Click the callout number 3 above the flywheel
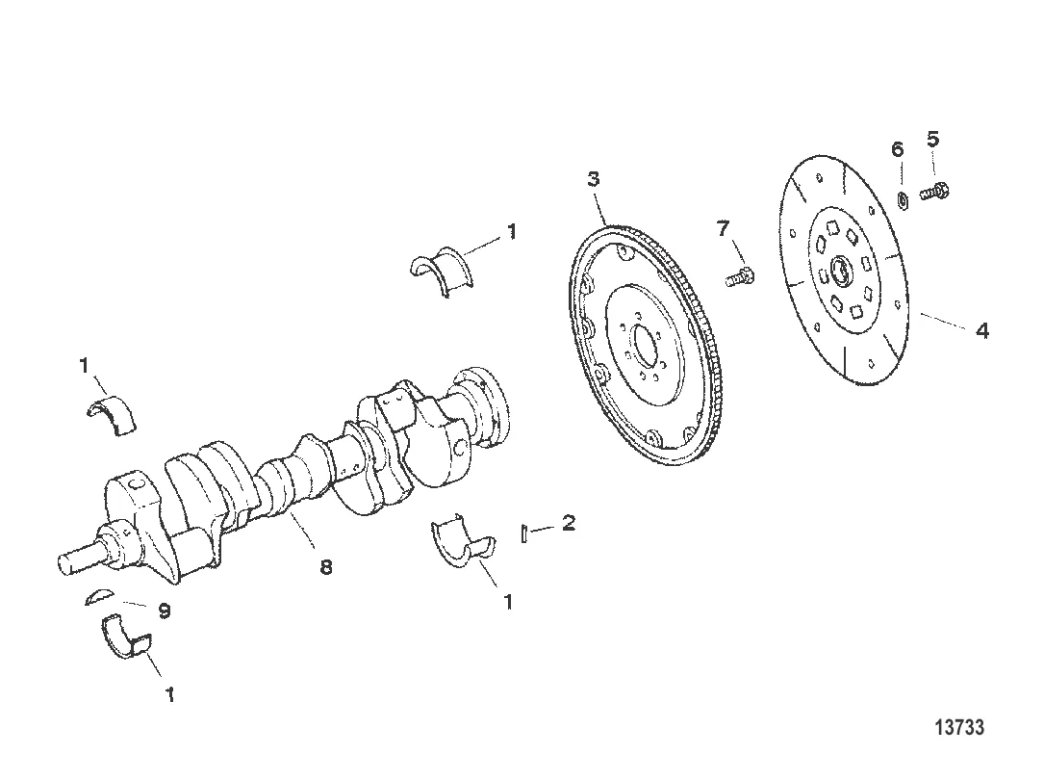click(x=594, y=180)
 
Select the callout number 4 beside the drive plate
click(x=980, y=330)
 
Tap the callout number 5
click(x=932, y=139)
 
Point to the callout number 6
click(x=897, y=149)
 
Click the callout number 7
click(x=723, y=228)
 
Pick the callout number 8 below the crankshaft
click(x=326, y=568)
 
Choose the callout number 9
click(x=165, y=611)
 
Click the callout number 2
click(x=569, y=523)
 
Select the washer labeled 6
click(x=904, y=200)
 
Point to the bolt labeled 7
click(x=739, y=277)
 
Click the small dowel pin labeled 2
click(x=524, y=533)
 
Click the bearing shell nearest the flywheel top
click(x=439, y=269)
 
